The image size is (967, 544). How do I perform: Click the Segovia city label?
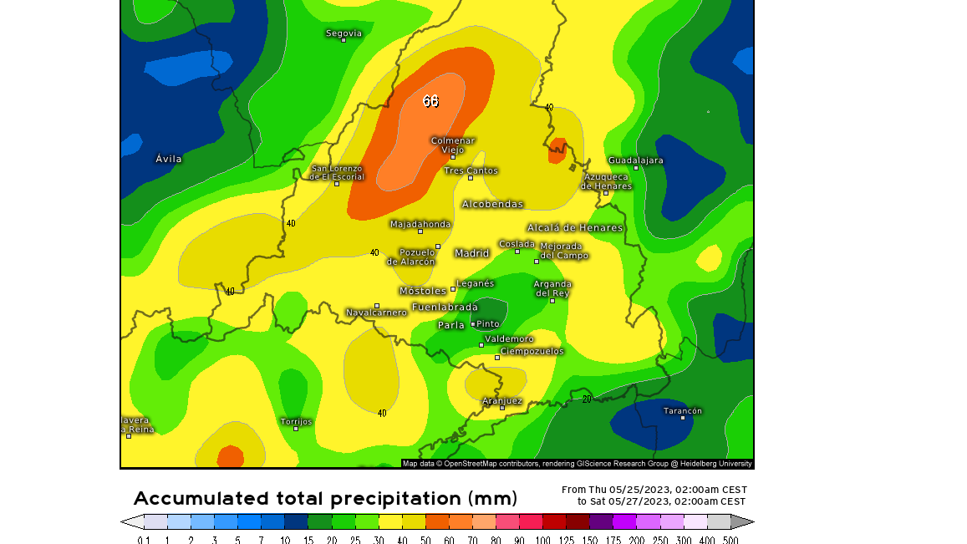click(x=344, y=33)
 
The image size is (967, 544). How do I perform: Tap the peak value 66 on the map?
click(x=430, y=101)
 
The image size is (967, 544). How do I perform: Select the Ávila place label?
click(x=168, y=159)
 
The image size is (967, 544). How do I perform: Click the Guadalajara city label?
click(x=635, y=160)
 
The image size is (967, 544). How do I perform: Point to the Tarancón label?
click(x=683, y=410)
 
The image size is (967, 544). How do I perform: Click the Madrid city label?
click(x=471, y=253)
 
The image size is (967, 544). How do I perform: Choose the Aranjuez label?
click(x=501, y=400)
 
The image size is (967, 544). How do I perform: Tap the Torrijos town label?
click(x=296, y=421)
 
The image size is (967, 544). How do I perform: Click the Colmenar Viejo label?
click(x=453, y=145)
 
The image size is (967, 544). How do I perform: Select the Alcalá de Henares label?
click(x=574, y=227)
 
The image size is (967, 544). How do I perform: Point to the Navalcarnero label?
click(x=376, y=313)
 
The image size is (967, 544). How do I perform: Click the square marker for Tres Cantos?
click(x=471, y=178)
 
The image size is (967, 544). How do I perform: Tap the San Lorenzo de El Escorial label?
click(x=337, y=172)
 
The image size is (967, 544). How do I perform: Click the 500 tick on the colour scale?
click(x=730, y=540)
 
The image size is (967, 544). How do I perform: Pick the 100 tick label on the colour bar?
click(x=542, y=540)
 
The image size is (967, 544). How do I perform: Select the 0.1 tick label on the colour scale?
click(x=144, y=540)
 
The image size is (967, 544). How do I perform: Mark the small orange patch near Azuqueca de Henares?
click(x=557, y=150)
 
